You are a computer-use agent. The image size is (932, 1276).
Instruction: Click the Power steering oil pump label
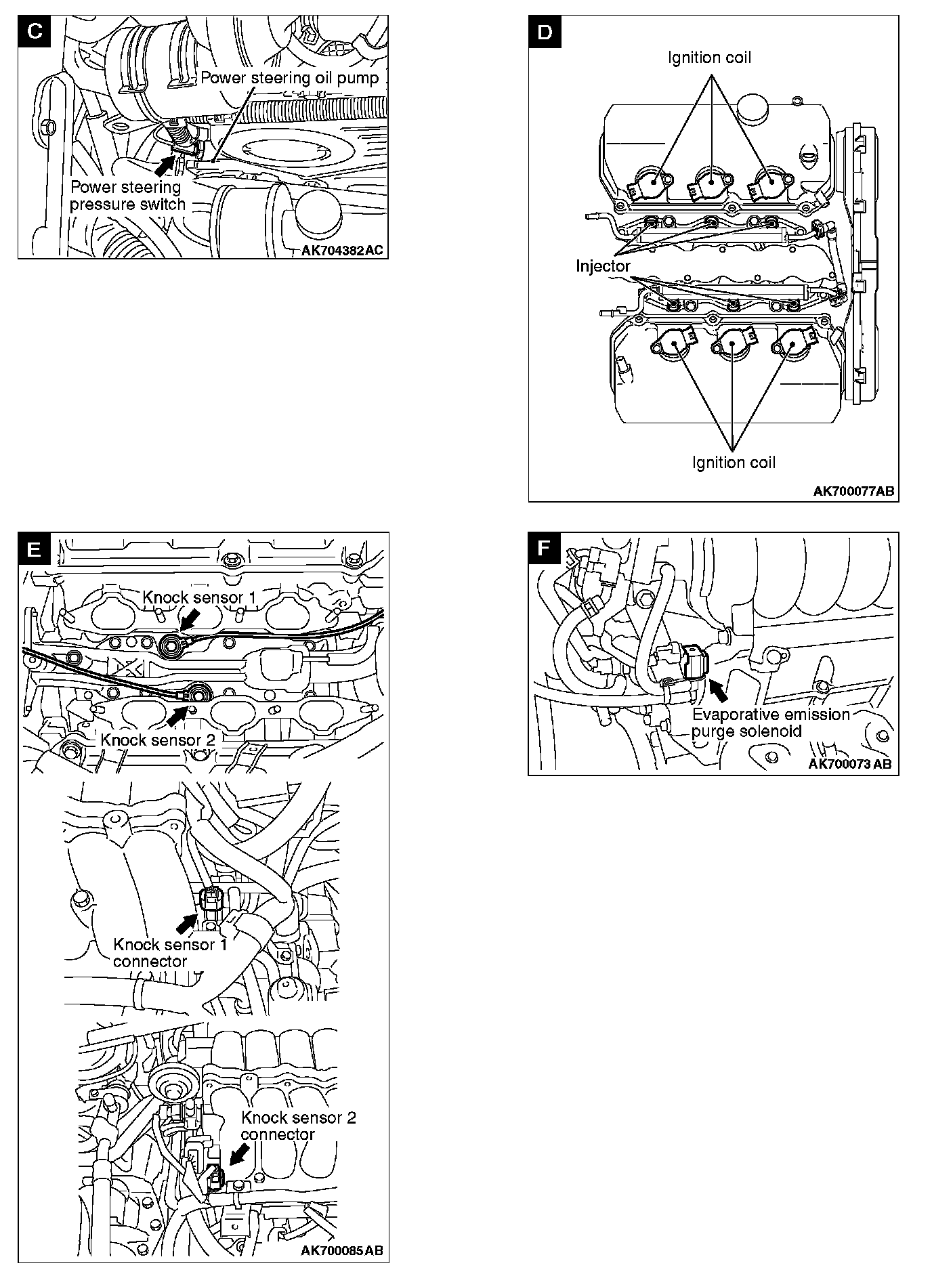[289, 78]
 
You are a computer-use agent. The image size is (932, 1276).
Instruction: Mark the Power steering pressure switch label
[127, 196]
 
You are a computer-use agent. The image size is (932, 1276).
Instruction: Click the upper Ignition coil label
[709, 58]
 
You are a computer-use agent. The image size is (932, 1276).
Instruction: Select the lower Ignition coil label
[734, 463]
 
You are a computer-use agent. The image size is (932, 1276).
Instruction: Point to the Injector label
[603, 266]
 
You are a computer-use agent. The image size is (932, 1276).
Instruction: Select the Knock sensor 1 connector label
[170, 952]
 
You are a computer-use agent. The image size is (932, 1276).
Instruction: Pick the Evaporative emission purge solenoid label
[770, 723]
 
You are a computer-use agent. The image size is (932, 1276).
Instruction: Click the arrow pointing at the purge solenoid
[719, 690]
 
